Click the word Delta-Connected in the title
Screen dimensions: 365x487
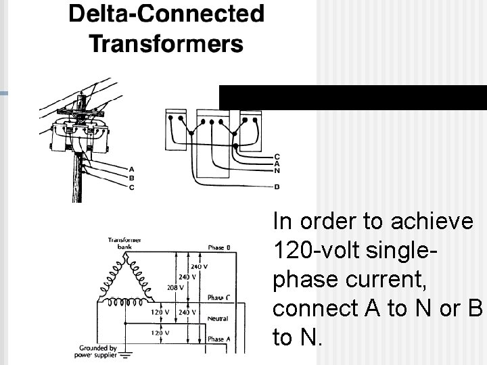(166, 14)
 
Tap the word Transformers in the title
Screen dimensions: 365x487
(166, 44)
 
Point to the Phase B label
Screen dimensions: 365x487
(219, 248)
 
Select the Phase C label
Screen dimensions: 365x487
(218, 297)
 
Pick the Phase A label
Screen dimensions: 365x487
(218, 339)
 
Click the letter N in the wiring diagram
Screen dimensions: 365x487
(277, 170)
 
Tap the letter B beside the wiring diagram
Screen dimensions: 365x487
(277, 186)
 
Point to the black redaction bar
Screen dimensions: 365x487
(352, 97)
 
